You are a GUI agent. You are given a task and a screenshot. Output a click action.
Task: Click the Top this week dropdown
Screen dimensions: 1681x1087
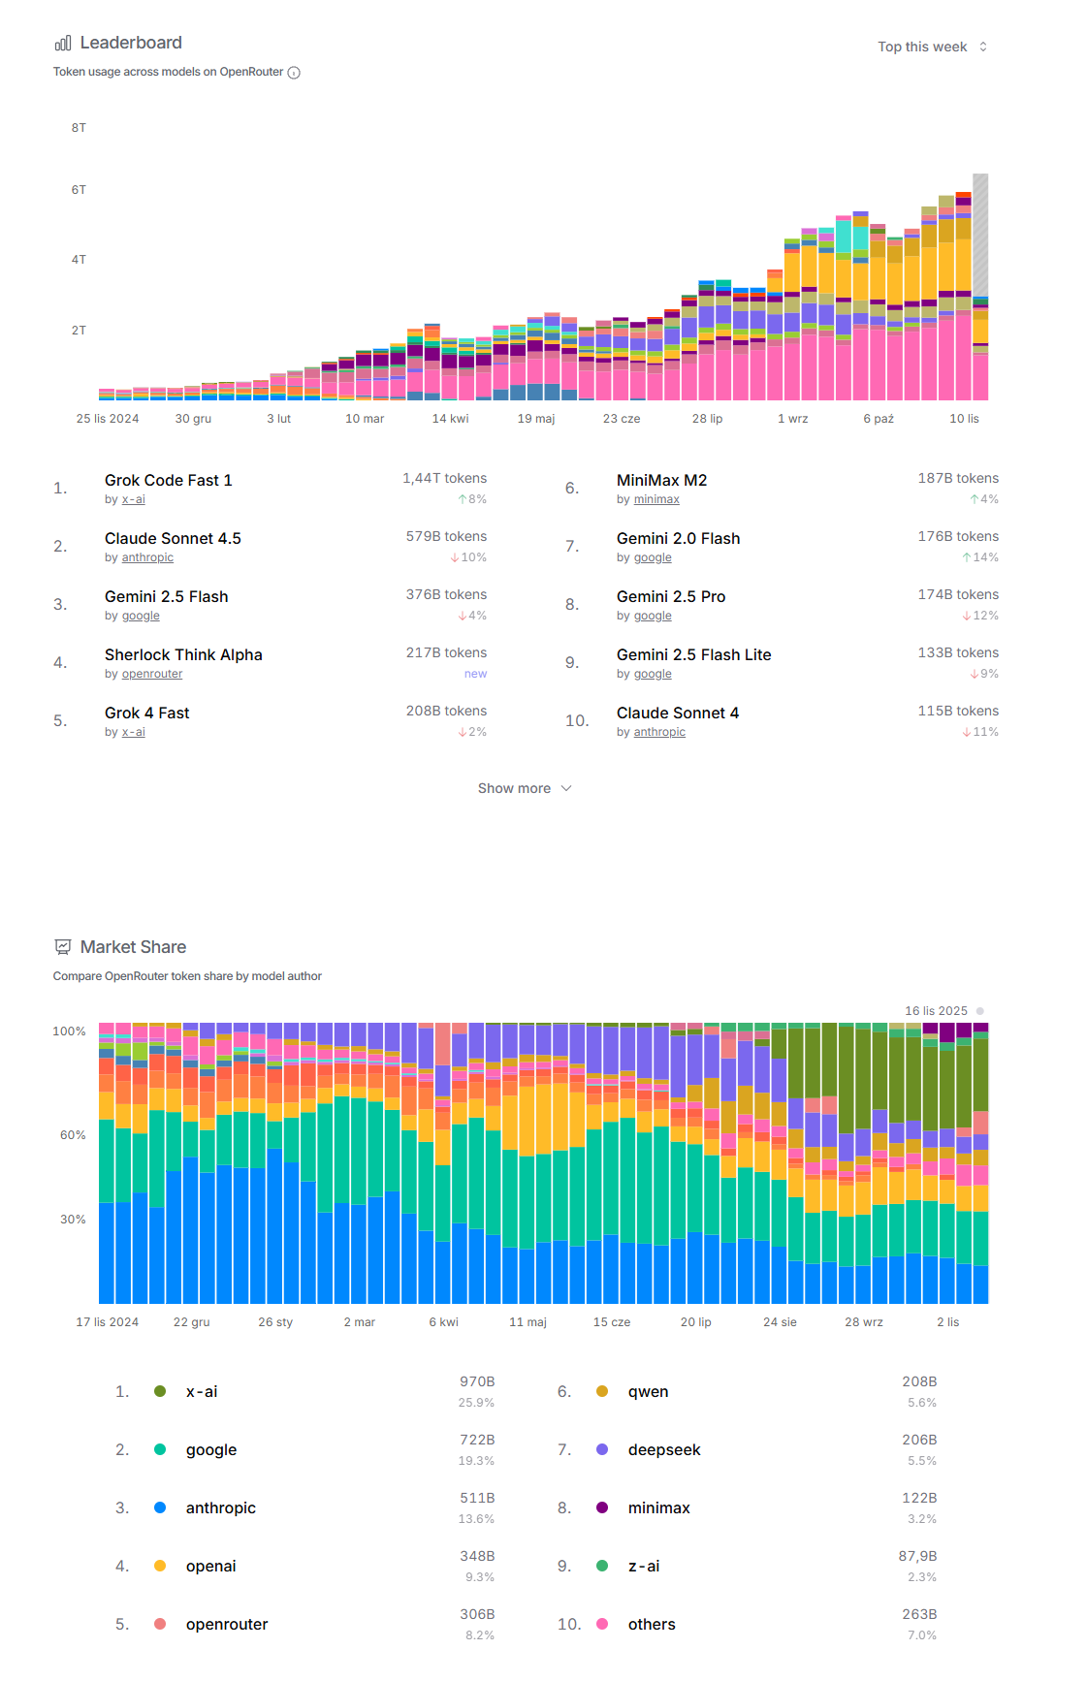pyautogui.click(x=932, y=47)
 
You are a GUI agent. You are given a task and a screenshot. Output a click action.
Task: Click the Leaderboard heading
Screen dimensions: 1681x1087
pyautogui.click(x=131, y=43)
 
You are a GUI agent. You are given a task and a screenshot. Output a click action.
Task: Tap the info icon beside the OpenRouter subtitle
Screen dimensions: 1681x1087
pyautogui.click(x=294, y=73)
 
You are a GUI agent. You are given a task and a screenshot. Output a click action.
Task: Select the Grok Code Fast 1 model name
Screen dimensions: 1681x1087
pyautogui.click(x=168, y=480)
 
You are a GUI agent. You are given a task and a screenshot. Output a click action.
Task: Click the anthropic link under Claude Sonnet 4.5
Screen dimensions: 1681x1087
pyautogui.click(x=147, y=557)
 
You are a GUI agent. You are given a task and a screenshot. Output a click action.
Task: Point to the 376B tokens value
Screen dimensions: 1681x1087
pyautogui.click(x=446, y=594)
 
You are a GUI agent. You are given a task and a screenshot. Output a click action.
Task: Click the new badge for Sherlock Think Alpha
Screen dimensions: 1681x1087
pyautogui.click(x=475, y=674)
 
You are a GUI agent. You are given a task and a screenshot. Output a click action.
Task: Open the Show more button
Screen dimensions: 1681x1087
pyautogui.click(x=524, y=788)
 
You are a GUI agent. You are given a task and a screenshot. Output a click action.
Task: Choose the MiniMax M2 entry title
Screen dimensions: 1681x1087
pyautogui.click(x=661, y=480)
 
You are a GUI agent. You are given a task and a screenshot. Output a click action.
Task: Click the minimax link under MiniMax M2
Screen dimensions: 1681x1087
pyautogui.click(x=656, y=499)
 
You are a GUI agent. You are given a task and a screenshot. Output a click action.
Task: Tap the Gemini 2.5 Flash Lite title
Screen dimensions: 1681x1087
pyautogui.click(x=693, y=654)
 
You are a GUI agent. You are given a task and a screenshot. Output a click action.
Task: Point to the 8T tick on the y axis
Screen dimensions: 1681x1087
pyautogui.click(x=79, y=128)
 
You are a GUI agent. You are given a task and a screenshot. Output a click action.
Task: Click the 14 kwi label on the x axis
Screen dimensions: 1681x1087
pyautogui.click(x=450, y=419)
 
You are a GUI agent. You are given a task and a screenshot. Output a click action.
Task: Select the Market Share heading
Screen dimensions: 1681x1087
pyautogui.click(x=133, y=947)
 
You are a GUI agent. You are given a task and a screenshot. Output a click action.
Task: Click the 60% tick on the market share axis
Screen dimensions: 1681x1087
pyautogui.click(x=73, y=1135)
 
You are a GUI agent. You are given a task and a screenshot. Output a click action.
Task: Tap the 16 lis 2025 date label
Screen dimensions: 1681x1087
pyautogui.click(x=936, y=1011)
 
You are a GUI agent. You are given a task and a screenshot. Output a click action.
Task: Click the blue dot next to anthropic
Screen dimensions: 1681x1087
pyautogui.click(x=160, y=1507)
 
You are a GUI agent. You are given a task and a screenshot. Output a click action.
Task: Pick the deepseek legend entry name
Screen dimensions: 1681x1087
pyautogui.click(x=664, y=1449)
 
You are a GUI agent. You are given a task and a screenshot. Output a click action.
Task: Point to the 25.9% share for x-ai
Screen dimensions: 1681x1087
pyautogui.click(x=476, y=1403)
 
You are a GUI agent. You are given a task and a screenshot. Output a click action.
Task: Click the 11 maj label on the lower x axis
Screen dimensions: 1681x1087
pyautogui.click(x=528, y=1322)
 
